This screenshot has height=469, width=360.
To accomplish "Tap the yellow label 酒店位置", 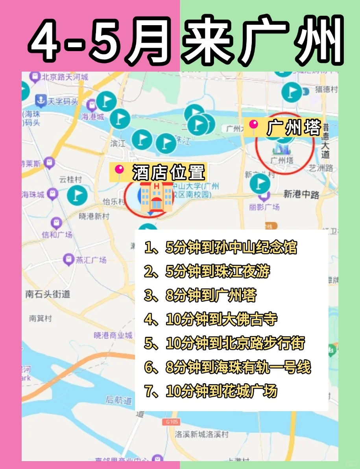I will click(x=157, y=172).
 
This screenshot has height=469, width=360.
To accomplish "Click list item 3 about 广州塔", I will click(x=201, y=295).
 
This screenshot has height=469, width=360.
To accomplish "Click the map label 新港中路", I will click(x=301, y=194).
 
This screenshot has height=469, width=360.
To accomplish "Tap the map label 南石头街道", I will click(x=47, y=294).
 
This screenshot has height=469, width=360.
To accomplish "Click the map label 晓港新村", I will click(x=95, y=216).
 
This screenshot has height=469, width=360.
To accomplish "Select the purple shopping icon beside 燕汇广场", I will click(x=68, y=259).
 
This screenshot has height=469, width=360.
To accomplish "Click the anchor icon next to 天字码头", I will click(x=41, y=101).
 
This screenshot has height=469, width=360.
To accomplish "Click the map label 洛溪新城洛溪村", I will click(x=202, y=434).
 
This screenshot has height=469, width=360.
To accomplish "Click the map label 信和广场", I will click(x=57, y=235).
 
